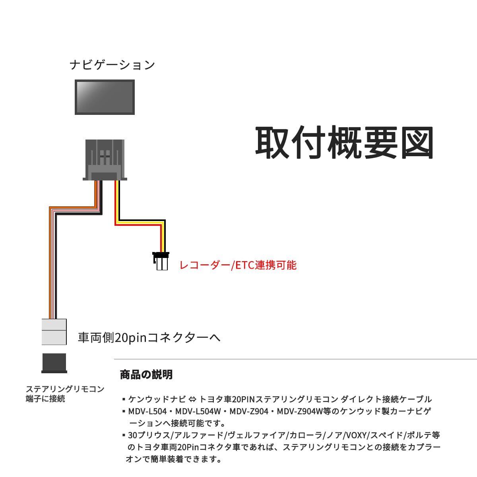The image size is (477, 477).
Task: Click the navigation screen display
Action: pos(105,97)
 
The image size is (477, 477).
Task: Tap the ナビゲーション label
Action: pos(112,65)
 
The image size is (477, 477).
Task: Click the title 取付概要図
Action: pos(344,143)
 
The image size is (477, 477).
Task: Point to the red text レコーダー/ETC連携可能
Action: pos(238,265)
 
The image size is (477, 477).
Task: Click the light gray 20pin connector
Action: pos(54,332)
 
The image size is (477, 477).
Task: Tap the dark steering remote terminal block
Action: pos(54,363)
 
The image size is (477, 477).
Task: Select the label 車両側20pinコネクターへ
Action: pos(149,338)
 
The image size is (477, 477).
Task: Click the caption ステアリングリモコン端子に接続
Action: pos(65,394)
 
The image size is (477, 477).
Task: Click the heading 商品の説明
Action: pos(146,374)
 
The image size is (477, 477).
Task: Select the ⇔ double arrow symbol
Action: pos(192,399)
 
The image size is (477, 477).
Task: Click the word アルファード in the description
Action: pos(201,435)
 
